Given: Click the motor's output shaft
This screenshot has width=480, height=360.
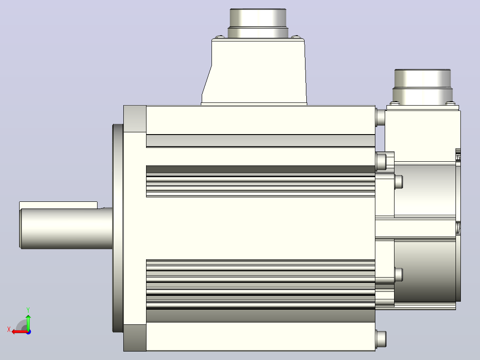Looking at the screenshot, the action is [66, 228].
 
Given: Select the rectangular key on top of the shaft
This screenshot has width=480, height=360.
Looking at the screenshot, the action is [58, 205].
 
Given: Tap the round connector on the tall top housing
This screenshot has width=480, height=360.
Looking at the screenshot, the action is [258, 23].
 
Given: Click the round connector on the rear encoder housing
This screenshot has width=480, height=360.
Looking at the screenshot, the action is [423, 87].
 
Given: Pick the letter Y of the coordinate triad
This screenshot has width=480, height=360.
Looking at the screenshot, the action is [28, 310].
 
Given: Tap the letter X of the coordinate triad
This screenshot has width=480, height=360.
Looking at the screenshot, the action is [9, 329].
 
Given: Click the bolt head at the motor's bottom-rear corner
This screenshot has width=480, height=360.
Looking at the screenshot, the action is [381, 340].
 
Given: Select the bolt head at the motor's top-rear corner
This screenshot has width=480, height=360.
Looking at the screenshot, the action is [380, 117].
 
